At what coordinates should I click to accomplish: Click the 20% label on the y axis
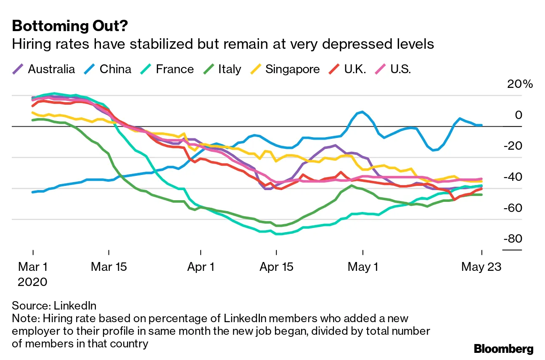pos(520,84)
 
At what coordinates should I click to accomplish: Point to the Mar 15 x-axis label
pos(108,267)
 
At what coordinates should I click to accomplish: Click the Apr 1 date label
pos(201,267)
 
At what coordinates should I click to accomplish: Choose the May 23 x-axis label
pos(482,267)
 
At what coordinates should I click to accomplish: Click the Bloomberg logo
pos(503,349)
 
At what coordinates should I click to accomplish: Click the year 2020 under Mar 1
pos(33,281)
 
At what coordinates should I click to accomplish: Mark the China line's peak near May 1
pos(362,112)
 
